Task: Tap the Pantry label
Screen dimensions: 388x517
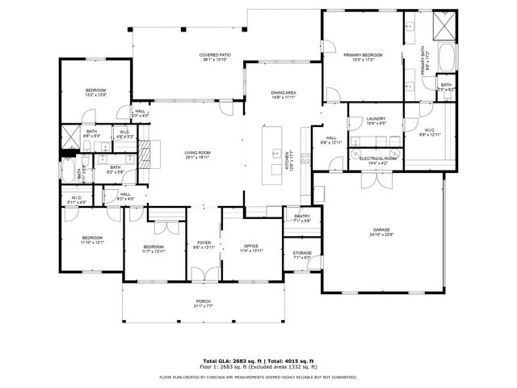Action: click(x=302, y=217)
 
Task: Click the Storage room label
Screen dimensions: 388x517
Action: click(x=302, y=255)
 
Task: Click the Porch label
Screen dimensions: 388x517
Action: click(x=204, y=304)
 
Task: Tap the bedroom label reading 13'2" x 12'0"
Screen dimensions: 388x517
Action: click(x=95, y=92)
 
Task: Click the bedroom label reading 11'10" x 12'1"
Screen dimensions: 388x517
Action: click(x=93, y=240)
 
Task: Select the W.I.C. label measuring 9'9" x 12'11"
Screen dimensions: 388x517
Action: click(x=430, y=133)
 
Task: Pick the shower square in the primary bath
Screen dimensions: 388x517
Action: click(x=445, y=27)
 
